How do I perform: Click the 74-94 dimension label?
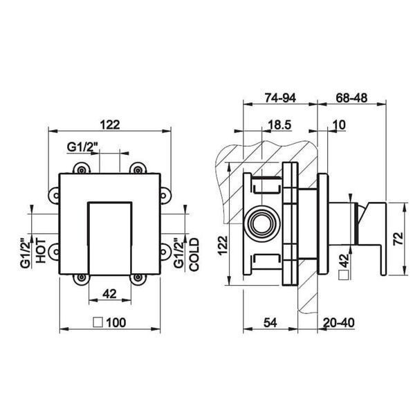[280, 98]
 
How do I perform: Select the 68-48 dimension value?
[351, 98]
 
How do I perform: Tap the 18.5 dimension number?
[279, 125]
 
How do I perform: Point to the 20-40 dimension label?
[338, 322]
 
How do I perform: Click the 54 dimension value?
[270, 322]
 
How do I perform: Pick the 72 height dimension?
[398, 239]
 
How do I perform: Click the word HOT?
[41, 250]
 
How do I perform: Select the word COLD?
[194, 255]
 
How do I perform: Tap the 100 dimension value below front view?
[116, 322]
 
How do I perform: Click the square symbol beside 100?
[98, 322]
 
